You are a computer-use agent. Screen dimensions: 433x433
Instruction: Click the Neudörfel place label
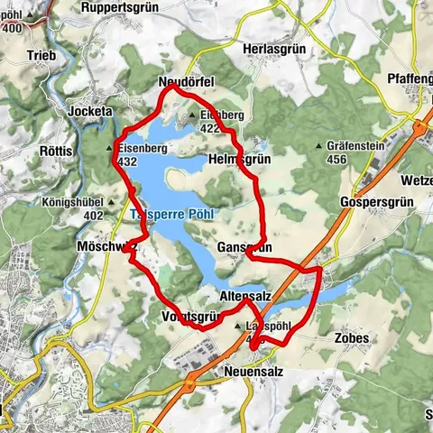185,83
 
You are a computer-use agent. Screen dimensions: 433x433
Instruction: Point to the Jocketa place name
90,112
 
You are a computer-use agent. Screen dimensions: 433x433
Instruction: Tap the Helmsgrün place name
239,159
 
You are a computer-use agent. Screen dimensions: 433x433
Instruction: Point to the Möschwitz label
105,246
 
